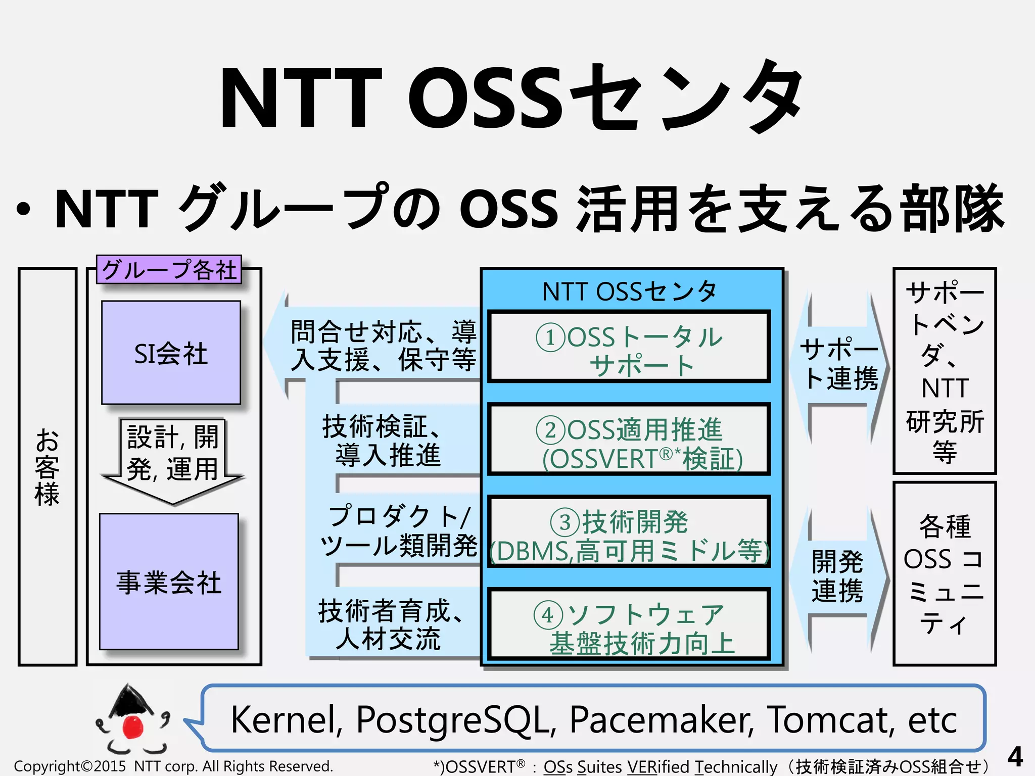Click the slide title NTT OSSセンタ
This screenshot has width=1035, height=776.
coord(510,99)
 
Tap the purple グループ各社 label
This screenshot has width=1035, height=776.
coord(169,269)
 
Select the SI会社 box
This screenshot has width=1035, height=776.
coord(171,353)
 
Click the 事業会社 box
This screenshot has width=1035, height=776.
coord(169,581)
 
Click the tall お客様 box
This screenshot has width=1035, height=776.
coord(47,466)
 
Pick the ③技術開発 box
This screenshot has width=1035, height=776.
coord(629,532)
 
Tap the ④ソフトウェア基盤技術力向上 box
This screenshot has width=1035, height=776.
coord(629,624)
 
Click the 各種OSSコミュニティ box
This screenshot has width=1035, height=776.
coord(944,574)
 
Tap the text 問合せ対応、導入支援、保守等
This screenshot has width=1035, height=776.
coord(383,347)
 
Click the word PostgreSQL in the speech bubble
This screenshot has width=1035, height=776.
coord(452,719)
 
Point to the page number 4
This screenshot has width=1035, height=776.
coord(1015,757)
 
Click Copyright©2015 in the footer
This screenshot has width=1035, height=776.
coord(69,766)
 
